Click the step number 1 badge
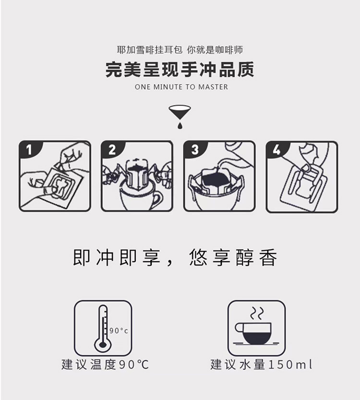(x=29, y=150)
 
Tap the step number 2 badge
(x=111, y=150)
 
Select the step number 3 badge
(x=194, y=150)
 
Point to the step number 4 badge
(x=276, y=150)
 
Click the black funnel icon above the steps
(x=180, y=113)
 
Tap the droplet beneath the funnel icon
(x=180, y=125)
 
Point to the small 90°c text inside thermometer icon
(x=119, y=330)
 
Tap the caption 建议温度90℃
(x=105, y=364)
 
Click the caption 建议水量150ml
(x=261, y=364)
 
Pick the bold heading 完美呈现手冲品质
(x=180, y=69)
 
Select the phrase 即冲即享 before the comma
(x=117, y=258)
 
